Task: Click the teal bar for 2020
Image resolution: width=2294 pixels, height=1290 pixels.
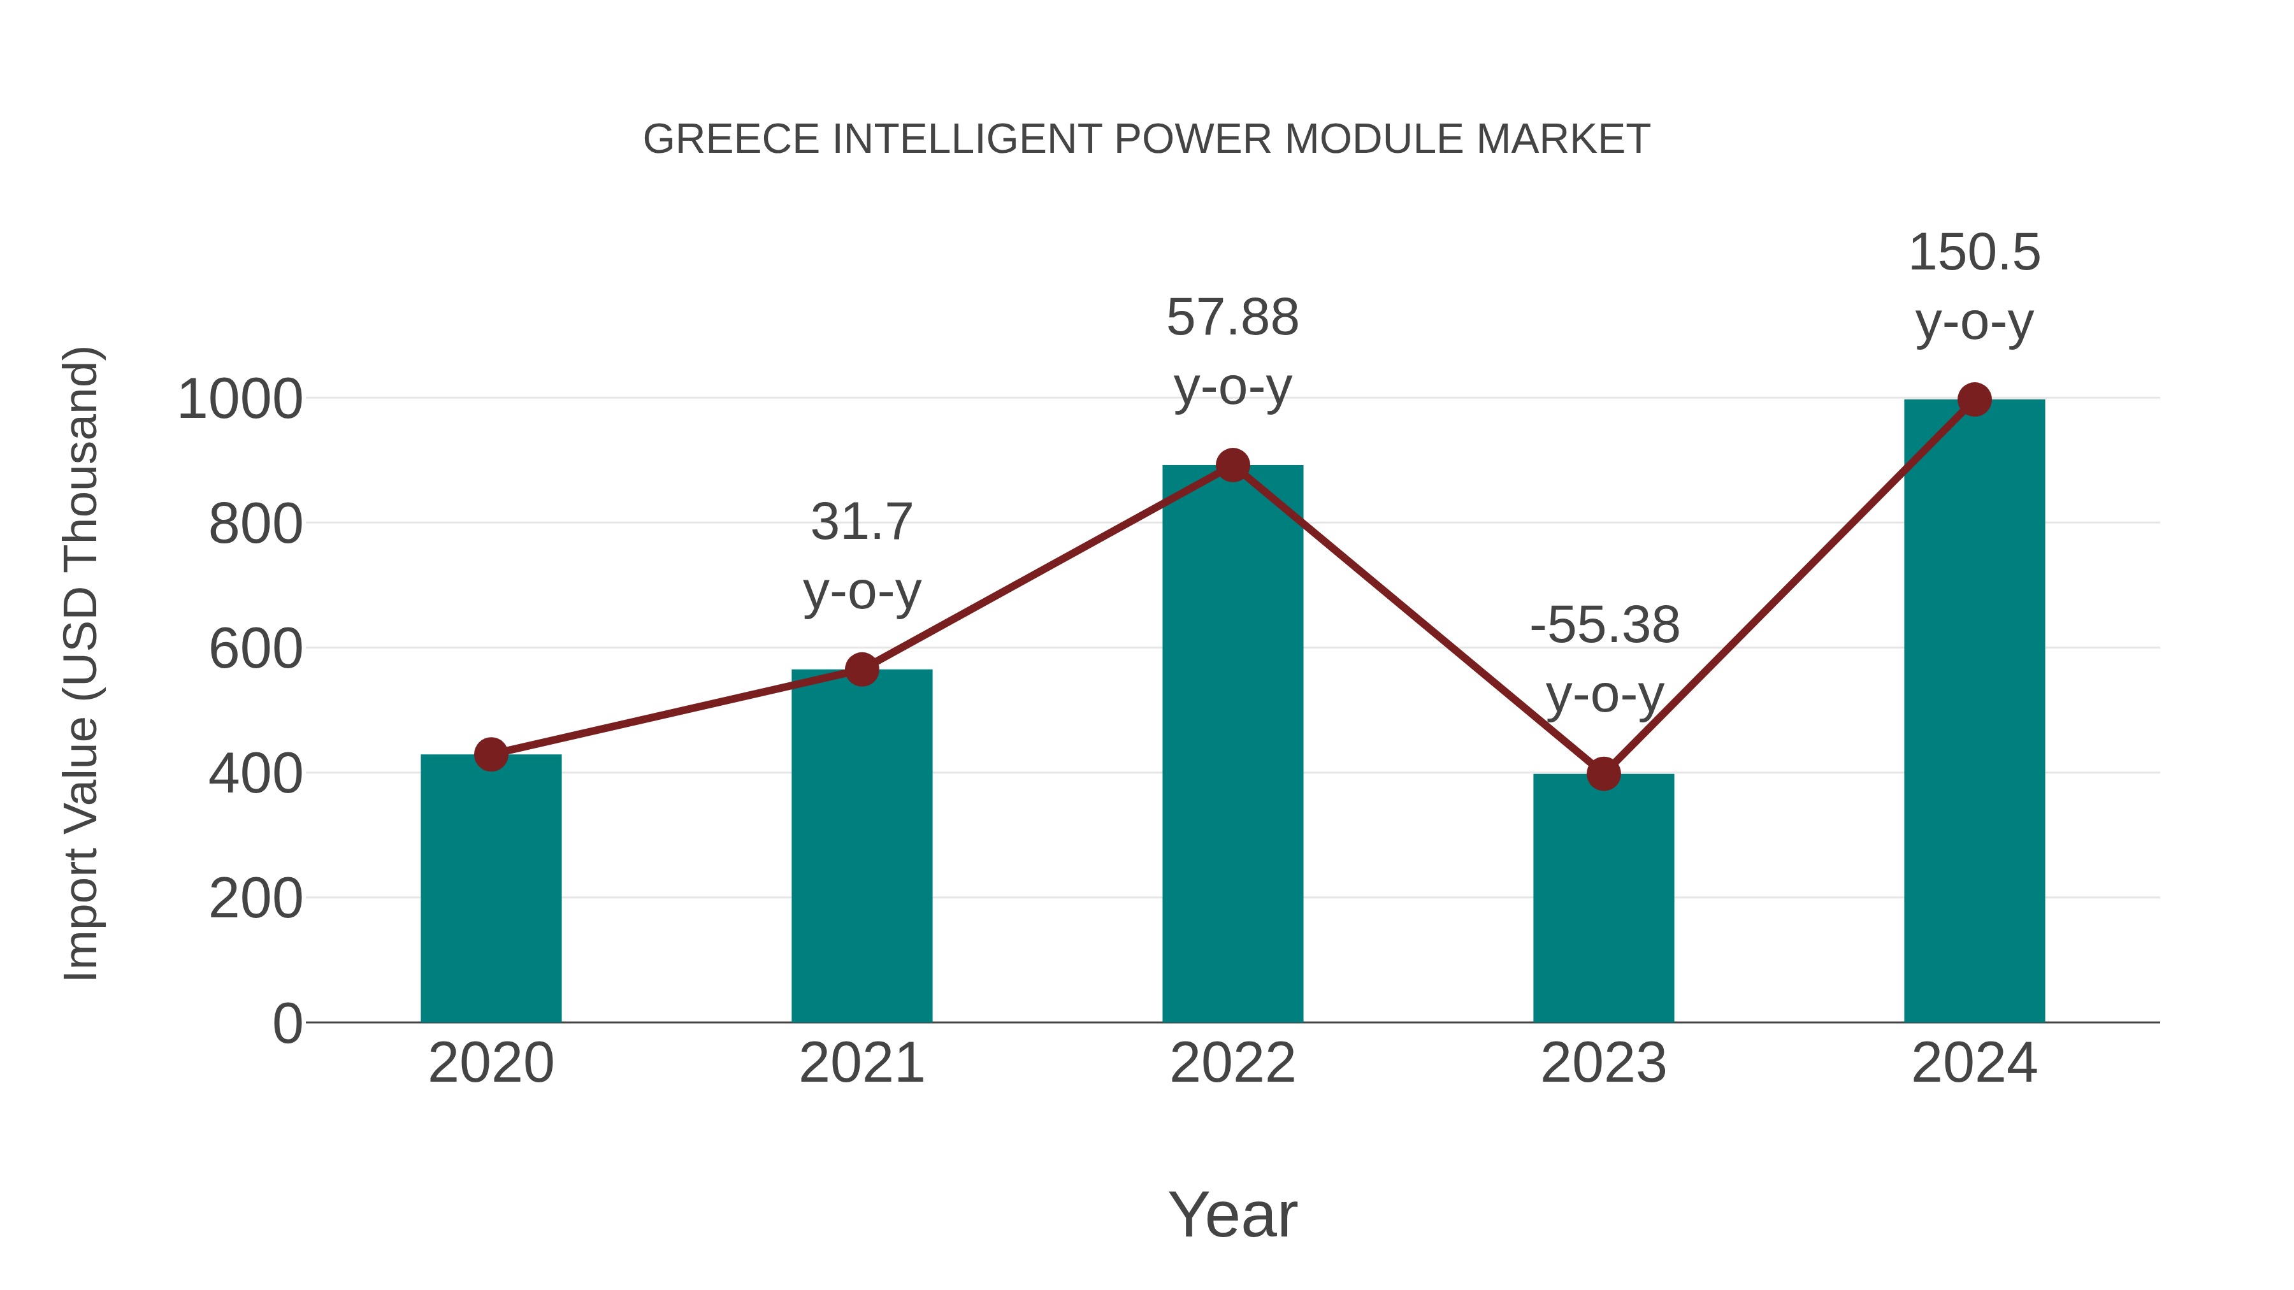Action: point(491,891)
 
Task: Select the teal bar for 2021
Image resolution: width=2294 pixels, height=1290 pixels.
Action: point(861,846)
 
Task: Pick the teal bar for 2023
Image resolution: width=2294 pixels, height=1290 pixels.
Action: point(1603,899)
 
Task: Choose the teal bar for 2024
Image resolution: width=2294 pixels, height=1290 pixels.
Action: point(1974,712)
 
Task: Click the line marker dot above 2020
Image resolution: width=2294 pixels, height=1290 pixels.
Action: point(491,754)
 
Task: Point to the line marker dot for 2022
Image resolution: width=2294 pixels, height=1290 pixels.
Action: point(1232,465)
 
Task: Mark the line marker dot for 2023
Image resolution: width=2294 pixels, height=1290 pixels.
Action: point(1603,773)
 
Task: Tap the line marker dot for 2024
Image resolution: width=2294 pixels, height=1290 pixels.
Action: point(1974,399)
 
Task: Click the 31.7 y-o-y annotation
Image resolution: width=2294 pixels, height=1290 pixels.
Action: point(861,555)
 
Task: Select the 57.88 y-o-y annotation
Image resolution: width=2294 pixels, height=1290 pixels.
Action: point(1232,352)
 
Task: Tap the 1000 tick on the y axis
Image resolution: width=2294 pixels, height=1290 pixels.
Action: point(240,399)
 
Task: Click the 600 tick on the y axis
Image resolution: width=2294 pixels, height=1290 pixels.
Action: point(256,649)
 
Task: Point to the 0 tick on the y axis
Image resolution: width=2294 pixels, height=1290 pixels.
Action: point(287,1024)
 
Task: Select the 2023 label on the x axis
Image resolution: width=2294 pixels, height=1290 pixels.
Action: point(1603,1063)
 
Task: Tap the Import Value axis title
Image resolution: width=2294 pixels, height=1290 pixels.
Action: point(81,663)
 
